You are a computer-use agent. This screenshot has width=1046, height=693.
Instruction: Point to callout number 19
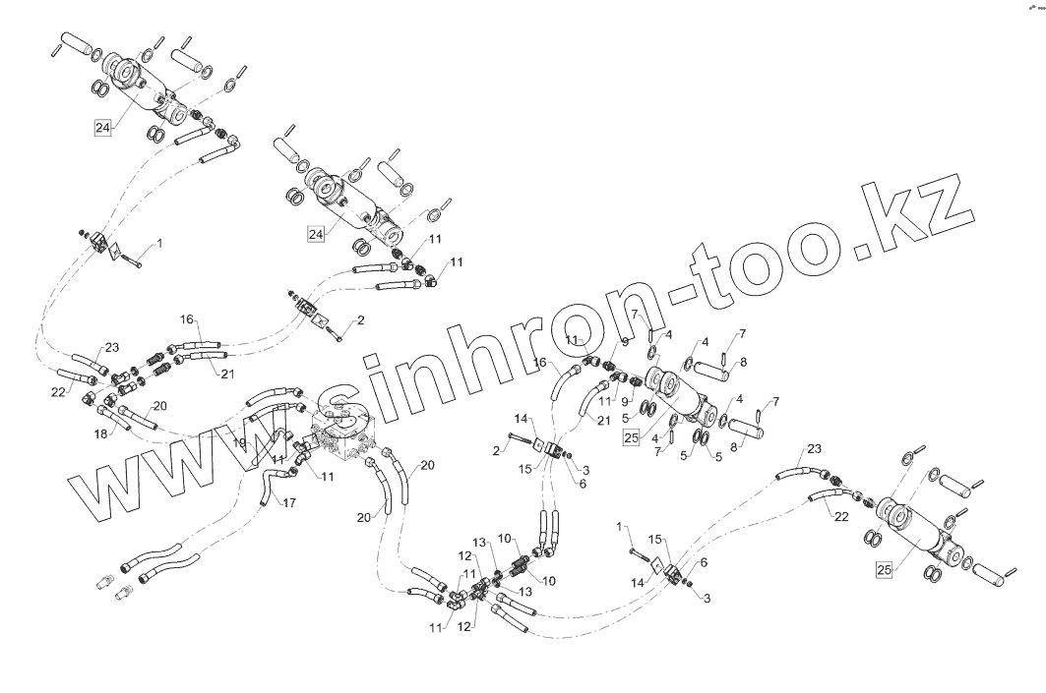point(238,442)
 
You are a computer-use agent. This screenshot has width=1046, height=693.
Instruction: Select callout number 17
point(289,503)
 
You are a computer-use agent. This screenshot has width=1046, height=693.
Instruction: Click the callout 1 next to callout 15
point(621,527)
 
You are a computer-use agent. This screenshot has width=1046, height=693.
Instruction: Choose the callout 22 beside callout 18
point(58,391)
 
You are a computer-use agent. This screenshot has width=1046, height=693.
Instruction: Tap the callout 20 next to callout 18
point(160,406)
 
